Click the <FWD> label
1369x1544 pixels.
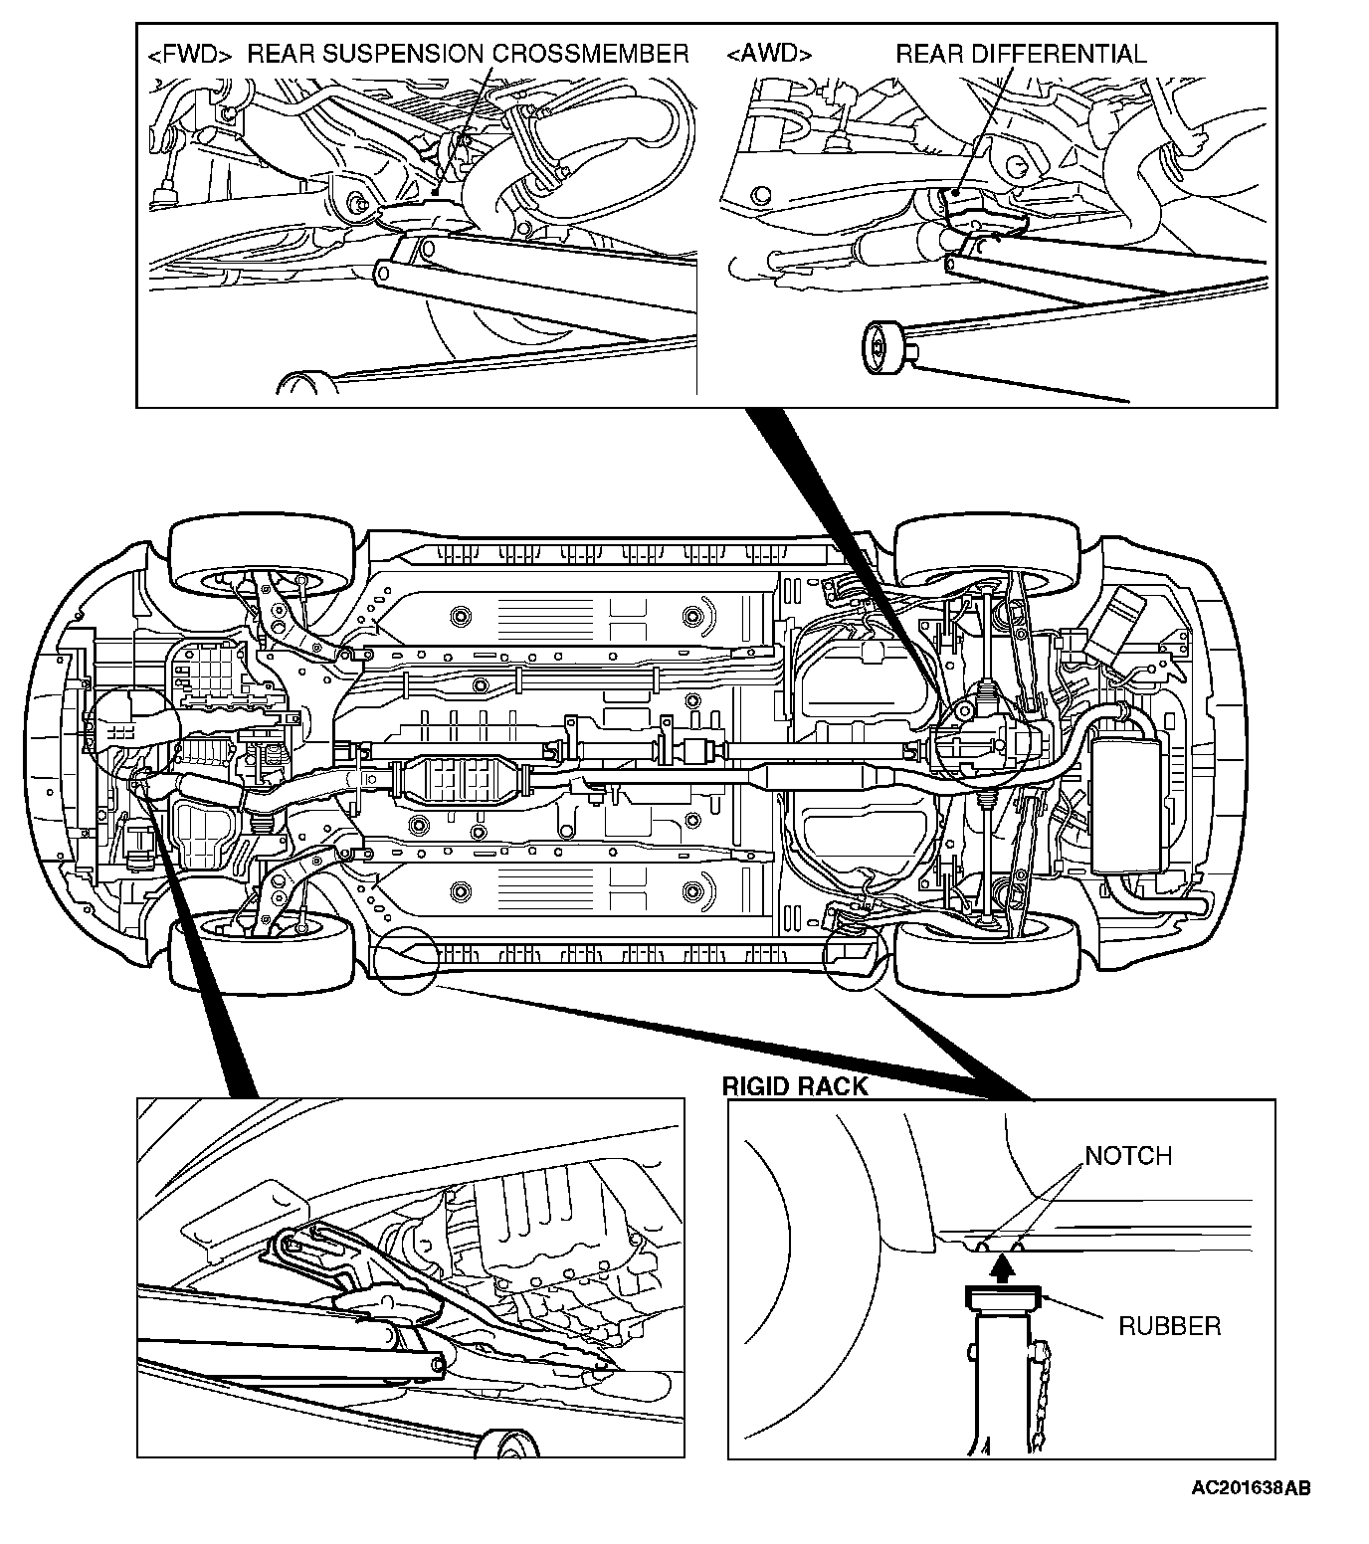[x=189, y=55]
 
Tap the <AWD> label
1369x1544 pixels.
[x=769, y=54]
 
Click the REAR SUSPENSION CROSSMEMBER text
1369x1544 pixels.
[x=468, y=54]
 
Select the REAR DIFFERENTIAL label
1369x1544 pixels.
[x=1021, y=54]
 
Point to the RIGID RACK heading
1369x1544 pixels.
[x=795, y=1085]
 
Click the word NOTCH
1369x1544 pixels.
[x=1128, y=1156]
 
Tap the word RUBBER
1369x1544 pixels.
[x=1169, y=1326]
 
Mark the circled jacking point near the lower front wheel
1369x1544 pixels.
[x=406, y=960]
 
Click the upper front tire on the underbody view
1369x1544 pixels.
[x=263, y=553]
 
